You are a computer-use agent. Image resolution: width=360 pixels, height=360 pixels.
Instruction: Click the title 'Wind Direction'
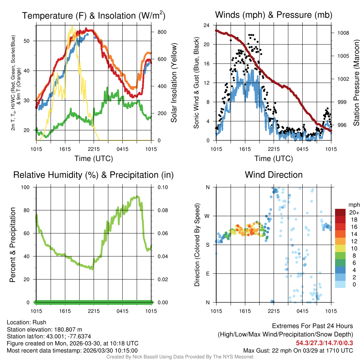click(274, 175)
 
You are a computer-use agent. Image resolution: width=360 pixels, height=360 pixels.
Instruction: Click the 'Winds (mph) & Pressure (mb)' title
click(274, 15)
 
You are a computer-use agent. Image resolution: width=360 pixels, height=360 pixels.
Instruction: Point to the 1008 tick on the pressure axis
click(343, 33)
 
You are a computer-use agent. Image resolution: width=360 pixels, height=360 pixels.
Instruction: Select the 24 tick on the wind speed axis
click(206, 25)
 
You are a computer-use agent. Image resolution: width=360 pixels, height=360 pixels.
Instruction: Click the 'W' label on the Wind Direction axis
click(207, 216)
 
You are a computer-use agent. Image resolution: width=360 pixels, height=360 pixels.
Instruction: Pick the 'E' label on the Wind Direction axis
click(207, 274)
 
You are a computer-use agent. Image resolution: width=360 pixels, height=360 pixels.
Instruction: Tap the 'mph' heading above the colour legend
click(353, 205)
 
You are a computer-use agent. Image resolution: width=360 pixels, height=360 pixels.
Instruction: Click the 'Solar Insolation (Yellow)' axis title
click(174, 83)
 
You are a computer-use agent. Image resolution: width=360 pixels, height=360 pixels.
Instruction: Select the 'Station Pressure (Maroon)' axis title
click(356, 83)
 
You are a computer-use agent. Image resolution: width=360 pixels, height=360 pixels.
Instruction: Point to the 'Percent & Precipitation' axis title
click(13, 245)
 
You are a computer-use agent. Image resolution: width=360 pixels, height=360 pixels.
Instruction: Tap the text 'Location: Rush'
click(26, 322)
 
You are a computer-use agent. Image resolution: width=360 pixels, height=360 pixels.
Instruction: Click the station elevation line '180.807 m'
click(44, 329)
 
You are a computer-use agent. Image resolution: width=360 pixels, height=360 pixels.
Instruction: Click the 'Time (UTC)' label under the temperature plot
click(94, 159)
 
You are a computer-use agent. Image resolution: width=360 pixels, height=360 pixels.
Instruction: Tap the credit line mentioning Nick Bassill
click(180, 357)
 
